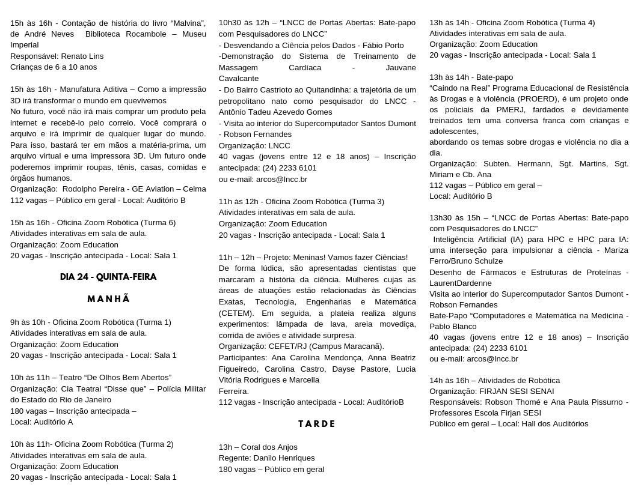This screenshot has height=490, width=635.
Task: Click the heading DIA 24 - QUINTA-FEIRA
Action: click(x=108, y=277)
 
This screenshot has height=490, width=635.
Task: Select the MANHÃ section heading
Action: click(x=108, y=299)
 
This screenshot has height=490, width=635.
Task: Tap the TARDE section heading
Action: click(x=317, y=424)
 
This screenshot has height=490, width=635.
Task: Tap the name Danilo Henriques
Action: click(x=284, y=458)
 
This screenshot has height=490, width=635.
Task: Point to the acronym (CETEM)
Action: click(x=238, y=313)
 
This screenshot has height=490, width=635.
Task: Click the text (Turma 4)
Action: click(x=574, y=22)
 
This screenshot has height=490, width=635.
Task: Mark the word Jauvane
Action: click(x=400, y=67)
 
